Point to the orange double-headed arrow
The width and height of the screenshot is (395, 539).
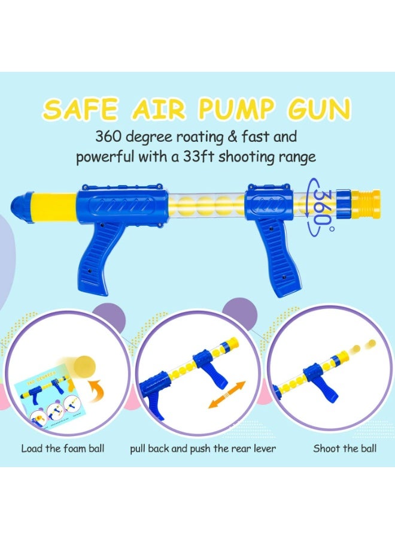click(227, 395)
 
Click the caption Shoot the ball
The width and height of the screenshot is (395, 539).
click(345, 449)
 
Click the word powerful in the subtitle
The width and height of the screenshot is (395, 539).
click(106, 157)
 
